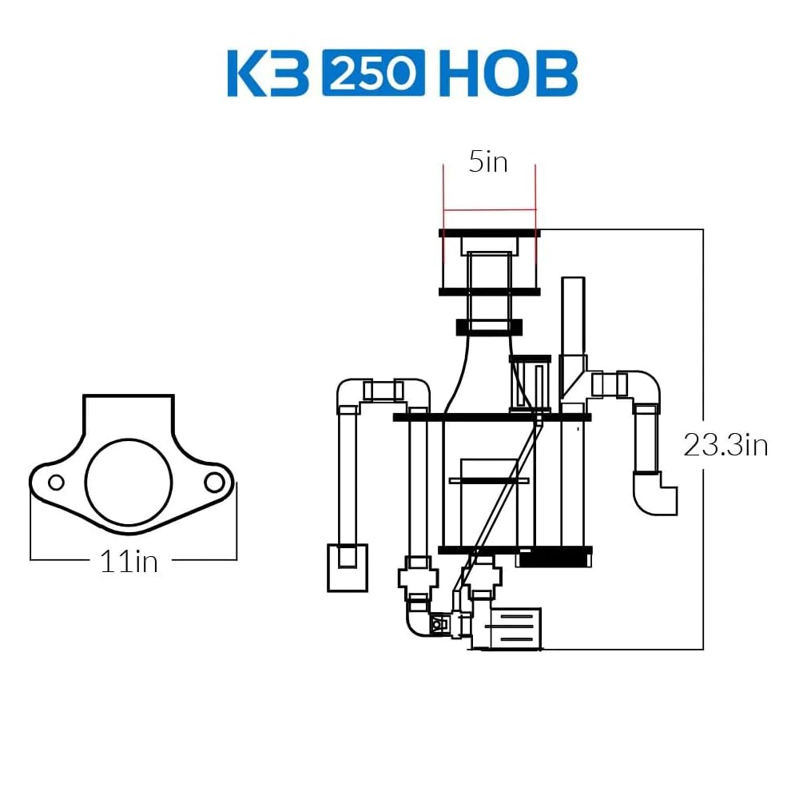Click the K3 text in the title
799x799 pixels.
tap(268, 73)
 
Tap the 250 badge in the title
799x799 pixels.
tap(373, 73)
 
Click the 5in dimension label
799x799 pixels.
tap(488, 162)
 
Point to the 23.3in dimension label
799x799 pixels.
tap(725, 445)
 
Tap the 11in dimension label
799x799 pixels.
tap(129, 562)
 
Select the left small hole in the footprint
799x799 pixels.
tap(56, 482)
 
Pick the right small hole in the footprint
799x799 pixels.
tap(214, 482)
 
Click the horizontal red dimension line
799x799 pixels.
tap(490, 209)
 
